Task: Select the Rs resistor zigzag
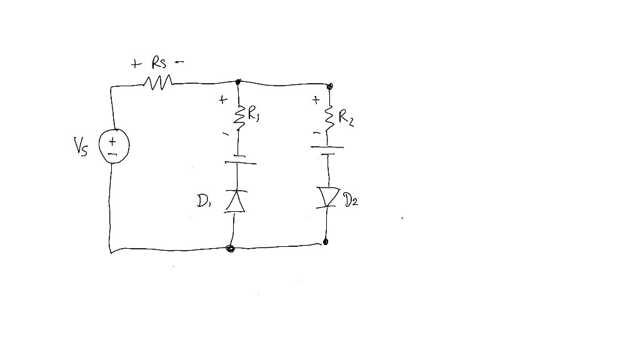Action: (158, 82)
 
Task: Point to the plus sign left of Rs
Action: (136, 64)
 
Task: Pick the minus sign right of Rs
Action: (179, 62)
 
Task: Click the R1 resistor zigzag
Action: (237, 116)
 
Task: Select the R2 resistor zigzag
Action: (328, 116)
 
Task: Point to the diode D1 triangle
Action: (236, 201)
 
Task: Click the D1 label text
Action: (204, 201)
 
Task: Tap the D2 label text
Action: (351, 201)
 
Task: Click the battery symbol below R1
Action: (237, 159)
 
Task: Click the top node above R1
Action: (238, 82)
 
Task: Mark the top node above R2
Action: (330, 85)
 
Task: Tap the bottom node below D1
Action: (231, 249)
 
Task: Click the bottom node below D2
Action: (326, 242)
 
